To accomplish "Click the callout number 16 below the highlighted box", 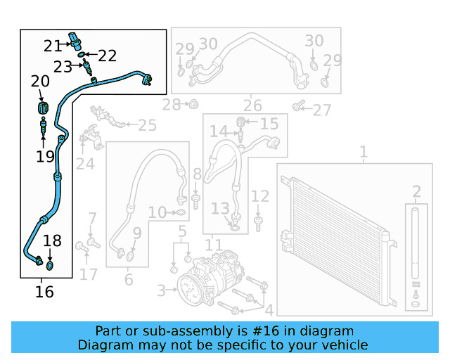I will (44, 291).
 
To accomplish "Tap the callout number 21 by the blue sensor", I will (53, 46).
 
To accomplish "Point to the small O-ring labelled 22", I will (82, 54).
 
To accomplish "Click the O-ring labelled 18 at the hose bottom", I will (50, 266).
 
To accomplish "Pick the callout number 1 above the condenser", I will (364, 152).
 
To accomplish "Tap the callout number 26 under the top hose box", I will (252, 106).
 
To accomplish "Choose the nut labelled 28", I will (191, 105).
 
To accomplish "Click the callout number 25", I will (147, 126).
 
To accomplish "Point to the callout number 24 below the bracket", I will (85, 164).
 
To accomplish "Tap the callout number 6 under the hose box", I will (128, 280).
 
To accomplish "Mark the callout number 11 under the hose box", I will (214, 245).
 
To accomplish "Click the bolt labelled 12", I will (259, 223).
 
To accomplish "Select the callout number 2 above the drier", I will (416, 192).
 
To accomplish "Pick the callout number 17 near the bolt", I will (88, 274).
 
